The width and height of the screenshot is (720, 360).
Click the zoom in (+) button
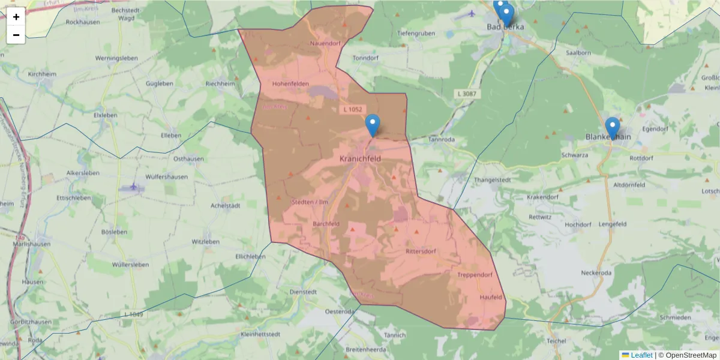pos(16,17)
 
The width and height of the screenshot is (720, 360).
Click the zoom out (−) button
pos(16,35)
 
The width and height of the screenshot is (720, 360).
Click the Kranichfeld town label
pos(360,158)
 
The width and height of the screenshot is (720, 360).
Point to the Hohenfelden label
pos(290,83)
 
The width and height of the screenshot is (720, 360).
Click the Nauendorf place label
pos(325,44)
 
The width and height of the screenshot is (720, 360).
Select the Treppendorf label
pos(475,275)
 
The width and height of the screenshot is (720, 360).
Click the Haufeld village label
pos(490,297)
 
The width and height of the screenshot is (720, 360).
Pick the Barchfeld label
pos(327,224)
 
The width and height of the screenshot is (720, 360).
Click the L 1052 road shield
pos(353,109)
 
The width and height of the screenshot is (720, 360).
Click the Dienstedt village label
pos(303,291)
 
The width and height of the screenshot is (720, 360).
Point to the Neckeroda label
pos(596,273)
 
